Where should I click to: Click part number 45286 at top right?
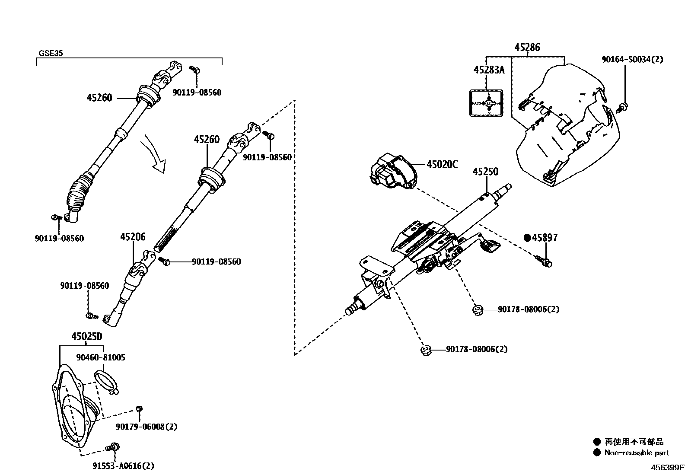click(x=527, y=47)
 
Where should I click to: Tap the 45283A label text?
click(x=489, y=70)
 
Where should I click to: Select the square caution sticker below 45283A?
click(x=487, y=103)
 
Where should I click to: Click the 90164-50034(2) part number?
click(x=632, y=59)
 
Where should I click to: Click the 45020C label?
click(x=442, y=164)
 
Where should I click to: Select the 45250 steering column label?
click(x=485, y=172)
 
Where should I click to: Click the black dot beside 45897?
click(x=527, y=238)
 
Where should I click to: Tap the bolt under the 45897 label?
click(x=544, y=261)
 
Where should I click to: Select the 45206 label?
click(x=133, y=236)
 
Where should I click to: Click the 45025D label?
click(x=87, y=336)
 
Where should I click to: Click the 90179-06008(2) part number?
click(x=147, y=427)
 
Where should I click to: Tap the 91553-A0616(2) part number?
click(x=123, y=465)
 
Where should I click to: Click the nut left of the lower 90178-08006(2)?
click(x=424, y=349)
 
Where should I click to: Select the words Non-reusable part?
click(x=637, y=453)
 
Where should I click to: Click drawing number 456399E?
click(x=668, y=467)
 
